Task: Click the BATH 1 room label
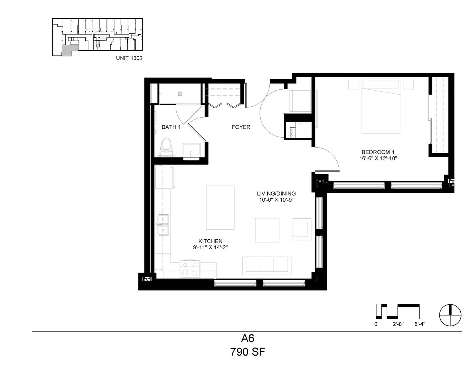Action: click(171, 127)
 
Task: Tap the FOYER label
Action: click(241, 127)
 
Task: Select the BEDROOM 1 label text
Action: click(378, 152)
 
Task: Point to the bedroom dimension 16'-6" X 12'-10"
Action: click(378, 158)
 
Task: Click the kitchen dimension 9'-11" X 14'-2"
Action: click(210, 248)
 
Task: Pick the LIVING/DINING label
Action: click(276, 193)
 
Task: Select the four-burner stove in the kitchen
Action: click(190, 270)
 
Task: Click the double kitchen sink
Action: click(163, 225)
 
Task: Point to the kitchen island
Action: click(220, 207)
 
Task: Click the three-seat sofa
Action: click(267, 266)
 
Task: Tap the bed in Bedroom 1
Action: click(381, 106)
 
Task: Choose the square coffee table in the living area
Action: click(267, 230)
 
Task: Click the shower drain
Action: click(180, 94)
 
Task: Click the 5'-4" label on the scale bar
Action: click(420, 324)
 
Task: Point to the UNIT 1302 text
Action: click(129, 58)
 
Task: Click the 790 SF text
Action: click(248, 352)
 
